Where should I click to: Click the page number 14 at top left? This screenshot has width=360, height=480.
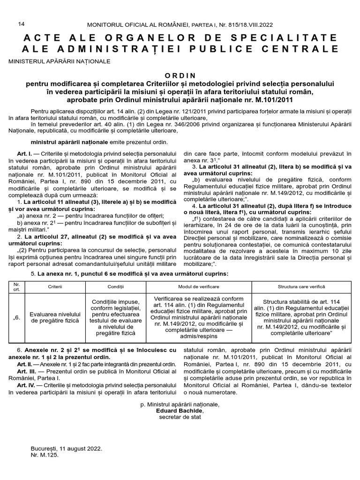coord(21,24)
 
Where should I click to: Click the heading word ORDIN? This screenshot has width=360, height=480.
coord(180,75)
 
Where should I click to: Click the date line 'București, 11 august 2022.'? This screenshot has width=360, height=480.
coord(66,448)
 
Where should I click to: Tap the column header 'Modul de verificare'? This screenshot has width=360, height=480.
coord(199,286)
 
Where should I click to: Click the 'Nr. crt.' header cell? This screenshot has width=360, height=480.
coord(17,286)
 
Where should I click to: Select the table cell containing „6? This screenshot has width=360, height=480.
coord(17,317)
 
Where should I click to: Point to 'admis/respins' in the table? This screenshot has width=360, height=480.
coord(199,337)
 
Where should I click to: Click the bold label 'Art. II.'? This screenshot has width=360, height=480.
coord(24,363)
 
